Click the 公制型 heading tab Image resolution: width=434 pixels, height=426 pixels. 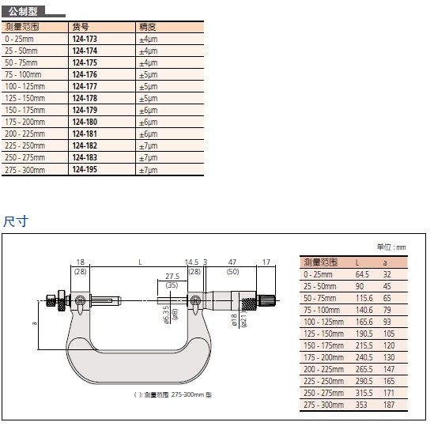(23, 12)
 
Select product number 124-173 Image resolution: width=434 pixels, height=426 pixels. (85, 39)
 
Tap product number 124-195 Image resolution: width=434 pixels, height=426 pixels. (85, 169)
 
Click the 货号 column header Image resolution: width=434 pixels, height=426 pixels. (81, 27)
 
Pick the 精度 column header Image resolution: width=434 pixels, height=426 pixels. (148, 27)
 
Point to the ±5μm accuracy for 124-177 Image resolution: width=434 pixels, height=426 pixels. (149, 87)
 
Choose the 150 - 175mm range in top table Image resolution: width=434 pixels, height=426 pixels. (25, 110)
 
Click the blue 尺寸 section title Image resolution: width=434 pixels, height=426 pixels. (16, 221)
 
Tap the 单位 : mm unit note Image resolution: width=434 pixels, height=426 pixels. (391, 247)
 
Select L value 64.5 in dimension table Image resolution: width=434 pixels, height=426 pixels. (362, 274)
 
